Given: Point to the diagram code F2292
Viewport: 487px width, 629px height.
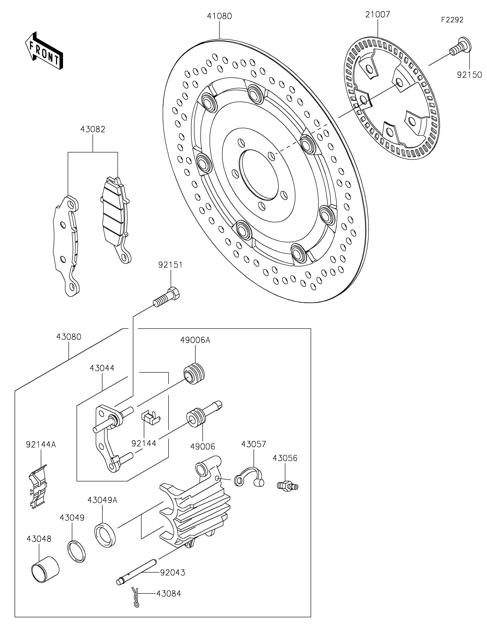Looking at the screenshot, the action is (x=452, y=20).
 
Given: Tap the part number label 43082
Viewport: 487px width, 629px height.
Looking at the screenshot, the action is (x=93, y=129).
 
